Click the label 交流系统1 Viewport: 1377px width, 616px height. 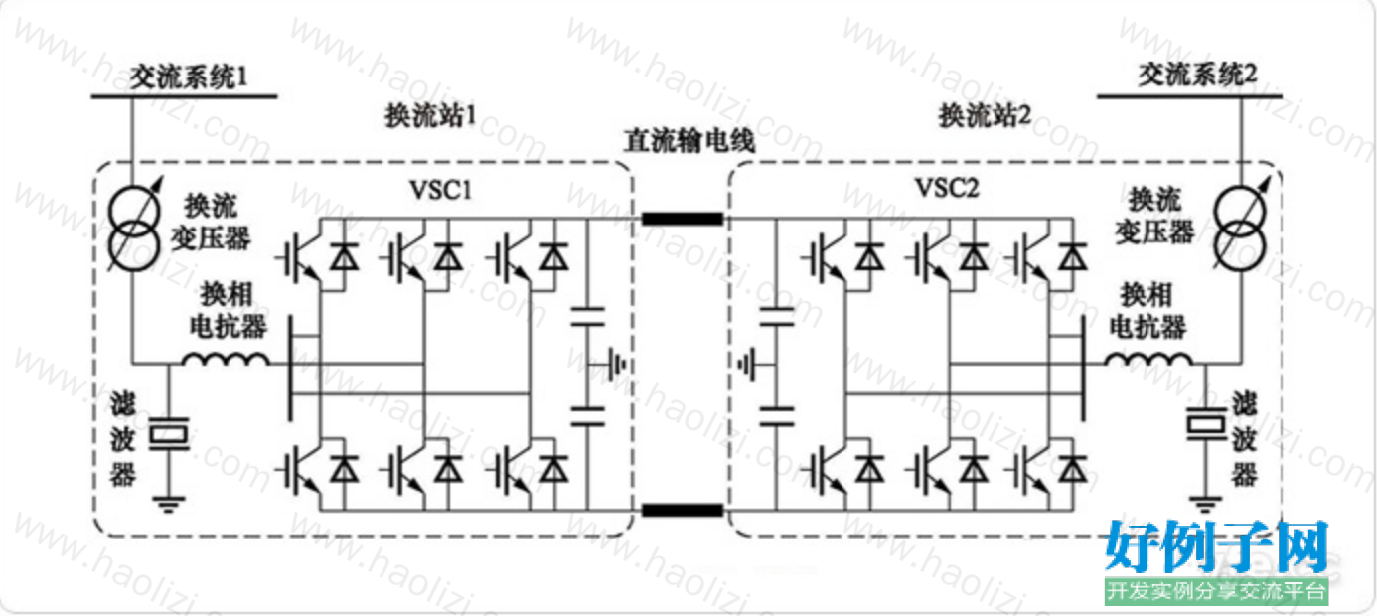pos(188,77)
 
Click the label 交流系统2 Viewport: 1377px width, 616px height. pos(1197,75)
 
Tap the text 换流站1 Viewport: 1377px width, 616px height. pos(430,115)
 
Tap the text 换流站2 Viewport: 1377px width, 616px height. pos(985,115)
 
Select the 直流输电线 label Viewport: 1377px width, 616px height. pos(689,141)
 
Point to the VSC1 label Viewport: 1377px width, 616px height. pos(441,190)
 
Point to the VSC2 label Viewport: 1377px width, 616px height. pos(947,188)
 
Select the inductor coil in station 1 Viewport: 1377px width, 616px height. pos(226,359)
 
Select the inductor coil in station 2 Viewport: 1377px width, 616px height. pos(1148,359)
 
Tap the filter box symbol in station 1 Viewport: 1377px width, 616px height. pos(169,434)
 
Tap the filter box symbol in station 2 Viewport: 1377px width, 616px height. pos(1205,424)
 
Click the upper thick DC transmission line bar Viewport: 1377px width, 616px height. pos(683,219)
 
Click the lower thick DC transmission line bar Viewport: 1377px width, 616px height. pos(683,510)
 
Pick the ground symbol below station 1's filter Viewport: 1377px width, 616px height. pos(169,504)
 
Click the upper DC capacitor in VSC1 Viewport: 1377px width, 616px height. pos(588,316)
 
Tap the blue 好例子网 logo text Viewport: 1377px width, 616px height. pos(1216,547)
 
